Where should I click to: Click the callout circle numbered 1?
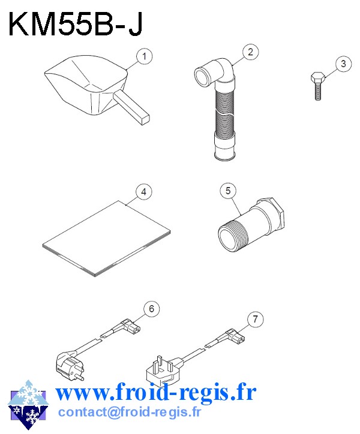pos(143,57)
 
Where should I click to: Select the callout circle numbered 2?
pos(252,52)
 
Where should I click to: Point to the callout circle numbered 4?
pos(142,192)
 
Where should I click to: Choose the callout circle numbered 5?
pos(228,191)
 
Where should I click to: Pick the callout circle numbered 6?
pos(151,309)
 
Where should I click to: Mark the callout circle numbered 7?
pos(255,320)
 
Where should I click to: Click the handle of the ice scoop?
pos(132,108)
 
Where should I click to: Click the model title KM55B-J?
pos(75,25)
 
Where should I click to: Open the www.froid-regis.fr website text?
pos(155,393)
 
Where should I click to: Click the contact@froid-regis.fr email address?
pos(130,412)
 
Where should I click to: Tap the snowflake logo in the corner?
pos(27,405)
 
